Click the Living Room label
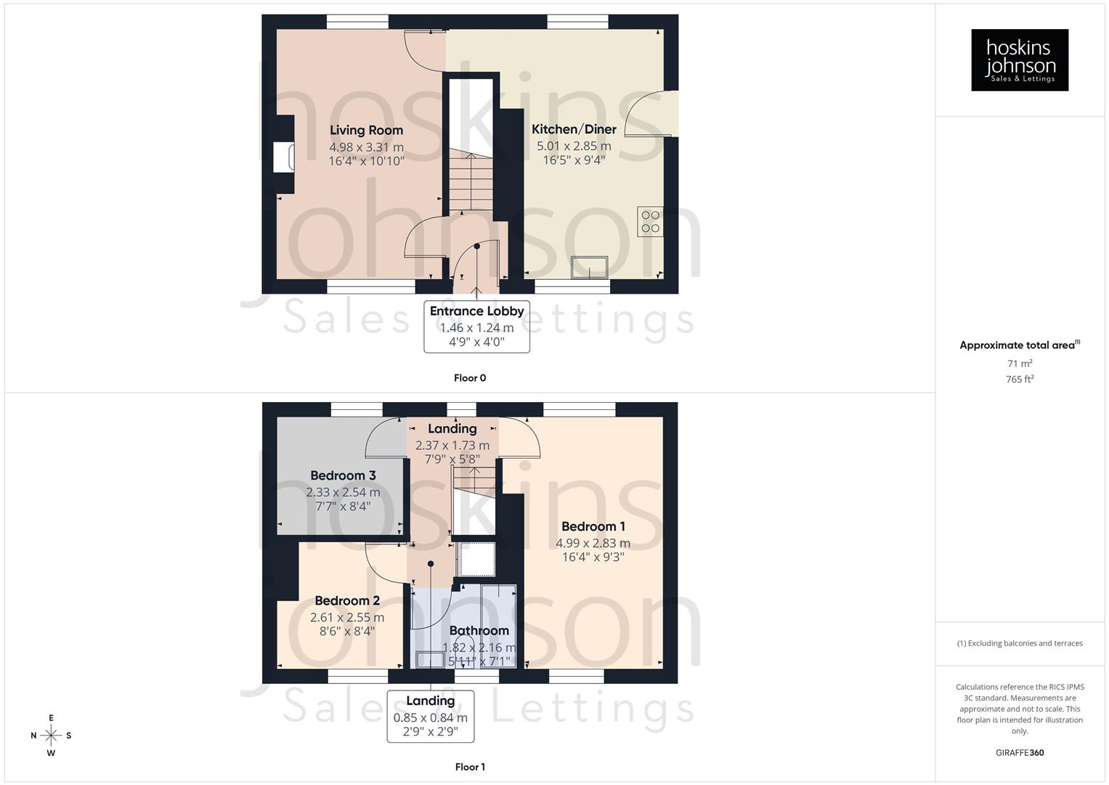click(366, 130)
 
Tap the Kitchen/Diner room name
click(574, 129)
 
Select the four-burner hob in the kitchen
click(650, 222)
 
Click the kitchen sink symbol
click(590, 267)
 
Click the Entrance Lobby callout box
click(476, 327)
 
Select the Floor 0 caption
click(470, 378)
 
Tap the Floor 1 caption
click(470, 767)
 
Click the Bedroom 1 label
click(593, 526)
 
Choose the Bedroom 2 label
click(347, 600)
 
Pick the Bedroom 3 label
click(343, 475)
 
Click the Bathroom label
click(479, 630)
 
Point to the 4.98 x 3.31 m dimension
click(366, 147)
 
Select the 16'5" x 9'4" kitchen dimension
click(574, 160)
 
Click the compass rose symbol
click(51, 736)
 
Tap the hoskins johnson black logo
click(1020, 60)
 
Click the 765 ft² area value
click(1020, 379)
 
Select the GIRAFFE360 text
click(1020, 753)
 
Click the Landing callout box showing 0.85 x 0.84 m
click(431, 716)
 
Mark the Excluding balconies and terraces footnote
click(1020, 643)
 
